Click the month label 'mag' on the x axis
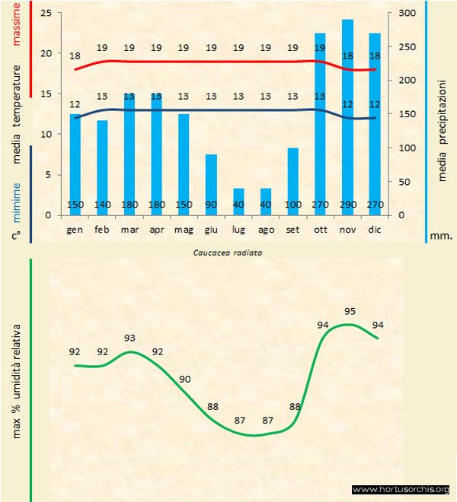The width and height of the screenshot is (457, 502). [x=184, y=228]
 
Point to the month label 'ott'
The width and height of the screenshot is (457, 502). [x=320, y=228]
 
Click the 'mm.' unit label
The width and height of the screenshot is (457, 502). [x=441, y=236]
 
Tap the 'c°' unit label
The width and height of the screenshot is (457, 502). [x=15, y=236]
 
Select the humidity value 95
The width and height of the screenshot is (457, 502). [x=350, y=311]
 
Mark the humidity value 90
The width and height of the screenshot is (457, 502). [x=185, y=379]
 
